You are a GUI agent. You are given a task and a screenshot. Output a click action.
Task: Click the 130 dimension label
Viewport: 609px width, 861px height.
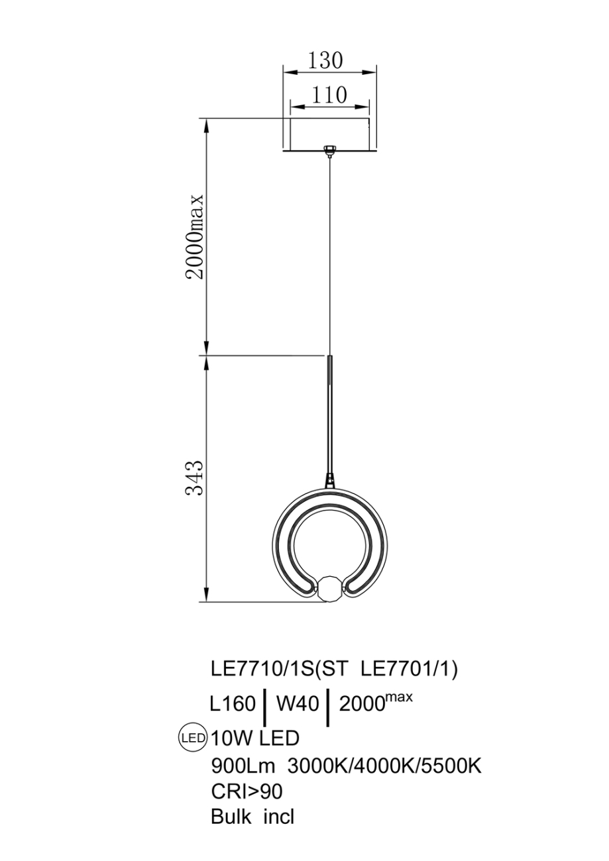point(325,60)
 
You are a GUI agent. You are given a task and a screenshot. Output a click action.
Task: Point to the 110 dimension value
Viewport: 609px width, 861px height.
point(329,95)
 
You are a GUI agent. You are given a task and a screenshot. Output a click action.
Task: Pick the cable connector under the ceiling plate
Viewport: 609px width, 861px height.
point(329,151)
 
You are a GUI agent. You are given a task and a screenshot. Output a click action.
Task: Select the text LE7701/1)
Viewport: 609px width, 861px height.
point(409,670)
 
